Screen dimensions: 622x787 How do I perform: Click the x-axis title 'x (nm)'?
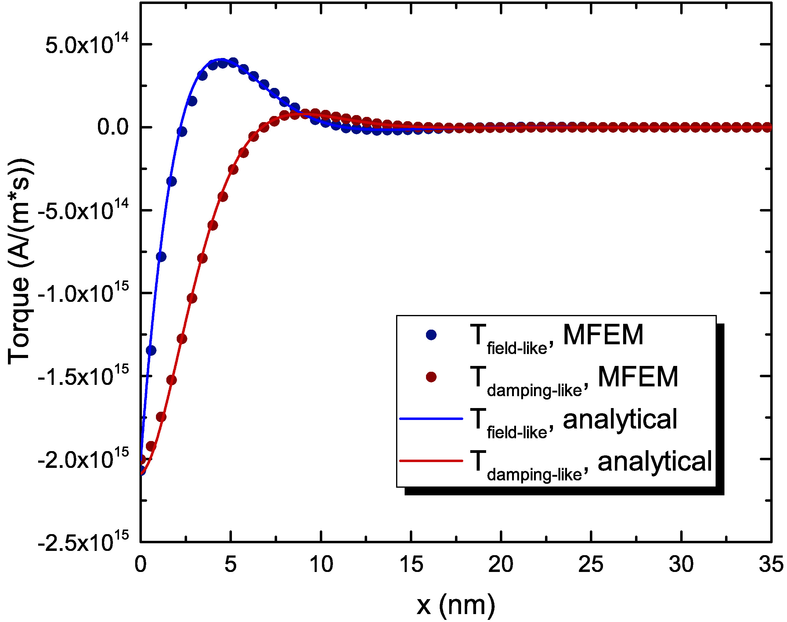click(456, 605)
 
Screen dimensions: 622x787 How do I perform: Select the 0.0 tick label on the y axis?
click(113, 127)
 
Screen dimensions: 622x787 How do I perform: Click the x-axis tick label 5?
click(230, 564)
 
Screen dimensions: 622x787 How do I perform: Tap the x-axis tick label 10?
click(321, 564)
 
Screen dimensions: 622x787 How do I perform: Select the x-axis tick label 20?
click(501, 564)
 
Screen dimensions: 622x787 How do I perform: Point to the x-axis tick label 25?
click(591, 564)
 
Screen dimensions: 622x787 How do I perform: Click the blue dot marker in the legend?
click(431, 335)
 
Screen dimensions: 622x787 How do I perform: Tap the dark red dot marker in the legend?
click(431, 377)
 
